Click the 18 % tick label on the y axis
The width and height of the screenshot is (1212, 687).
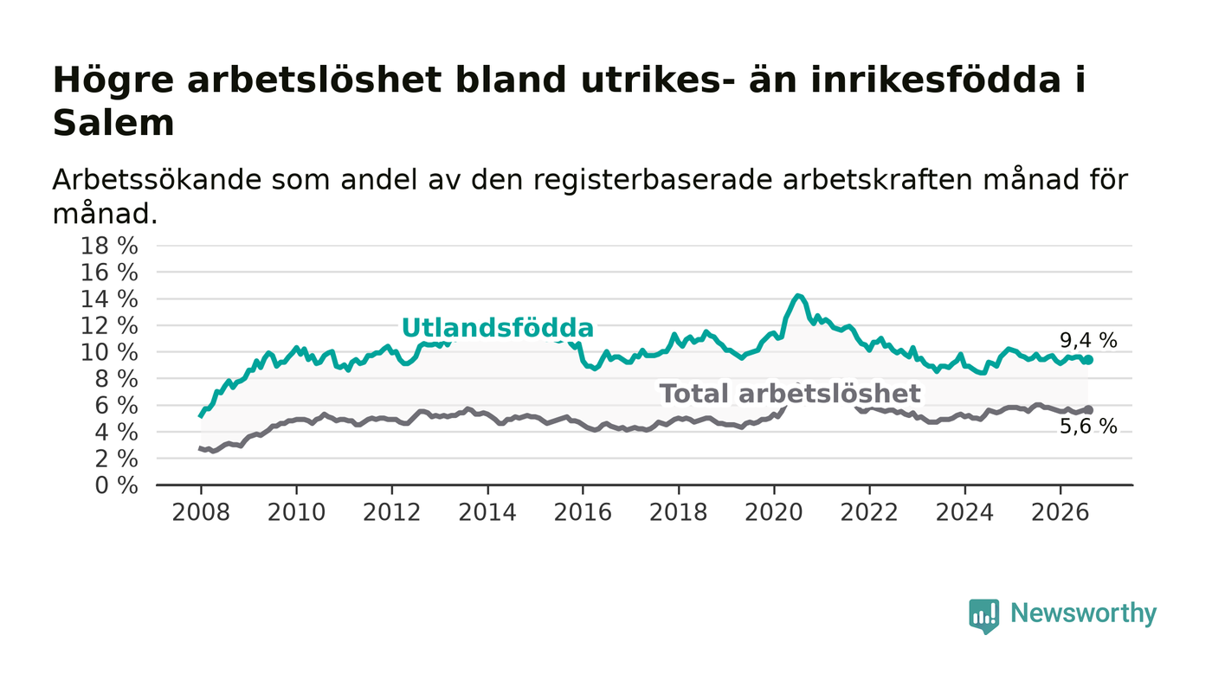pos(109,246)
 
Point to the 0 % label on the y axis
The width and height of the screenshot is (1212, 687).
pos(116,485)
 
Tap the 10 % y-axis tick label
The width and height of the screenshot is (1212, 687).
pos(109,353)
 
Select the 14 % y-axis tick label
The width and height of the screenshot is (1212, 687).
pos(109,299)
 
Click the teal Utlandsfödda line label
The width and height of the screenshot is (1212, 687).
pos(498,328)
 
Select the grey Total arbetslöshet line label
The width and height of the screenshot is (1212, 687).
pos(790,394)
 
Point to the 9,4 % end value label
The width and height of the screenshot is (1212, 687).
pos(1088,341)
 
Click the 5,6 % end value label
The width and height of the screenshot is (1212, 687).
pos(1088,427)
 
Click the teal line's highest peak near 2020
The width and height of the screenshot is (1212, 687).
pos(797,296)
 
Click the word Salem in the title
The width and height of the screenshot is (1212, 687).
pos(113,124)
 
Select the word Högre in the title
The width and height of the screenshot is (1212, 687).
pos(113,81)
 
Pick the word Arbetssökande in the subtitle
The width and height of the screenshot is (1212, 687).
pos(157,180)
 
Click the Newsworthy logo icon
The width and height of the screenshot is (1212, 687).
pos(983,616)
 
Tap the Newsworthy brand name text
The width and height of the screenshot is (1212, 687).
pos(1083,613)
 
